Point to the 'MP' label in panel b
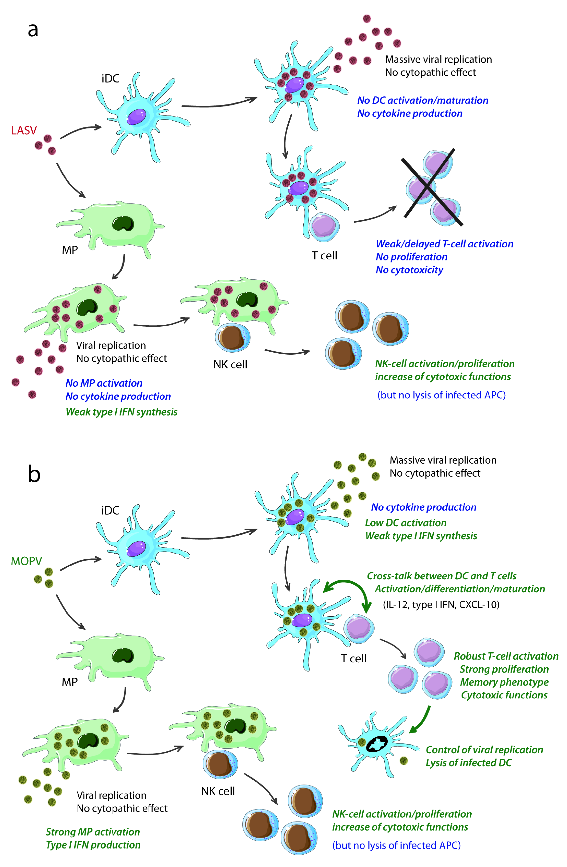[x=70, y=682]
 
